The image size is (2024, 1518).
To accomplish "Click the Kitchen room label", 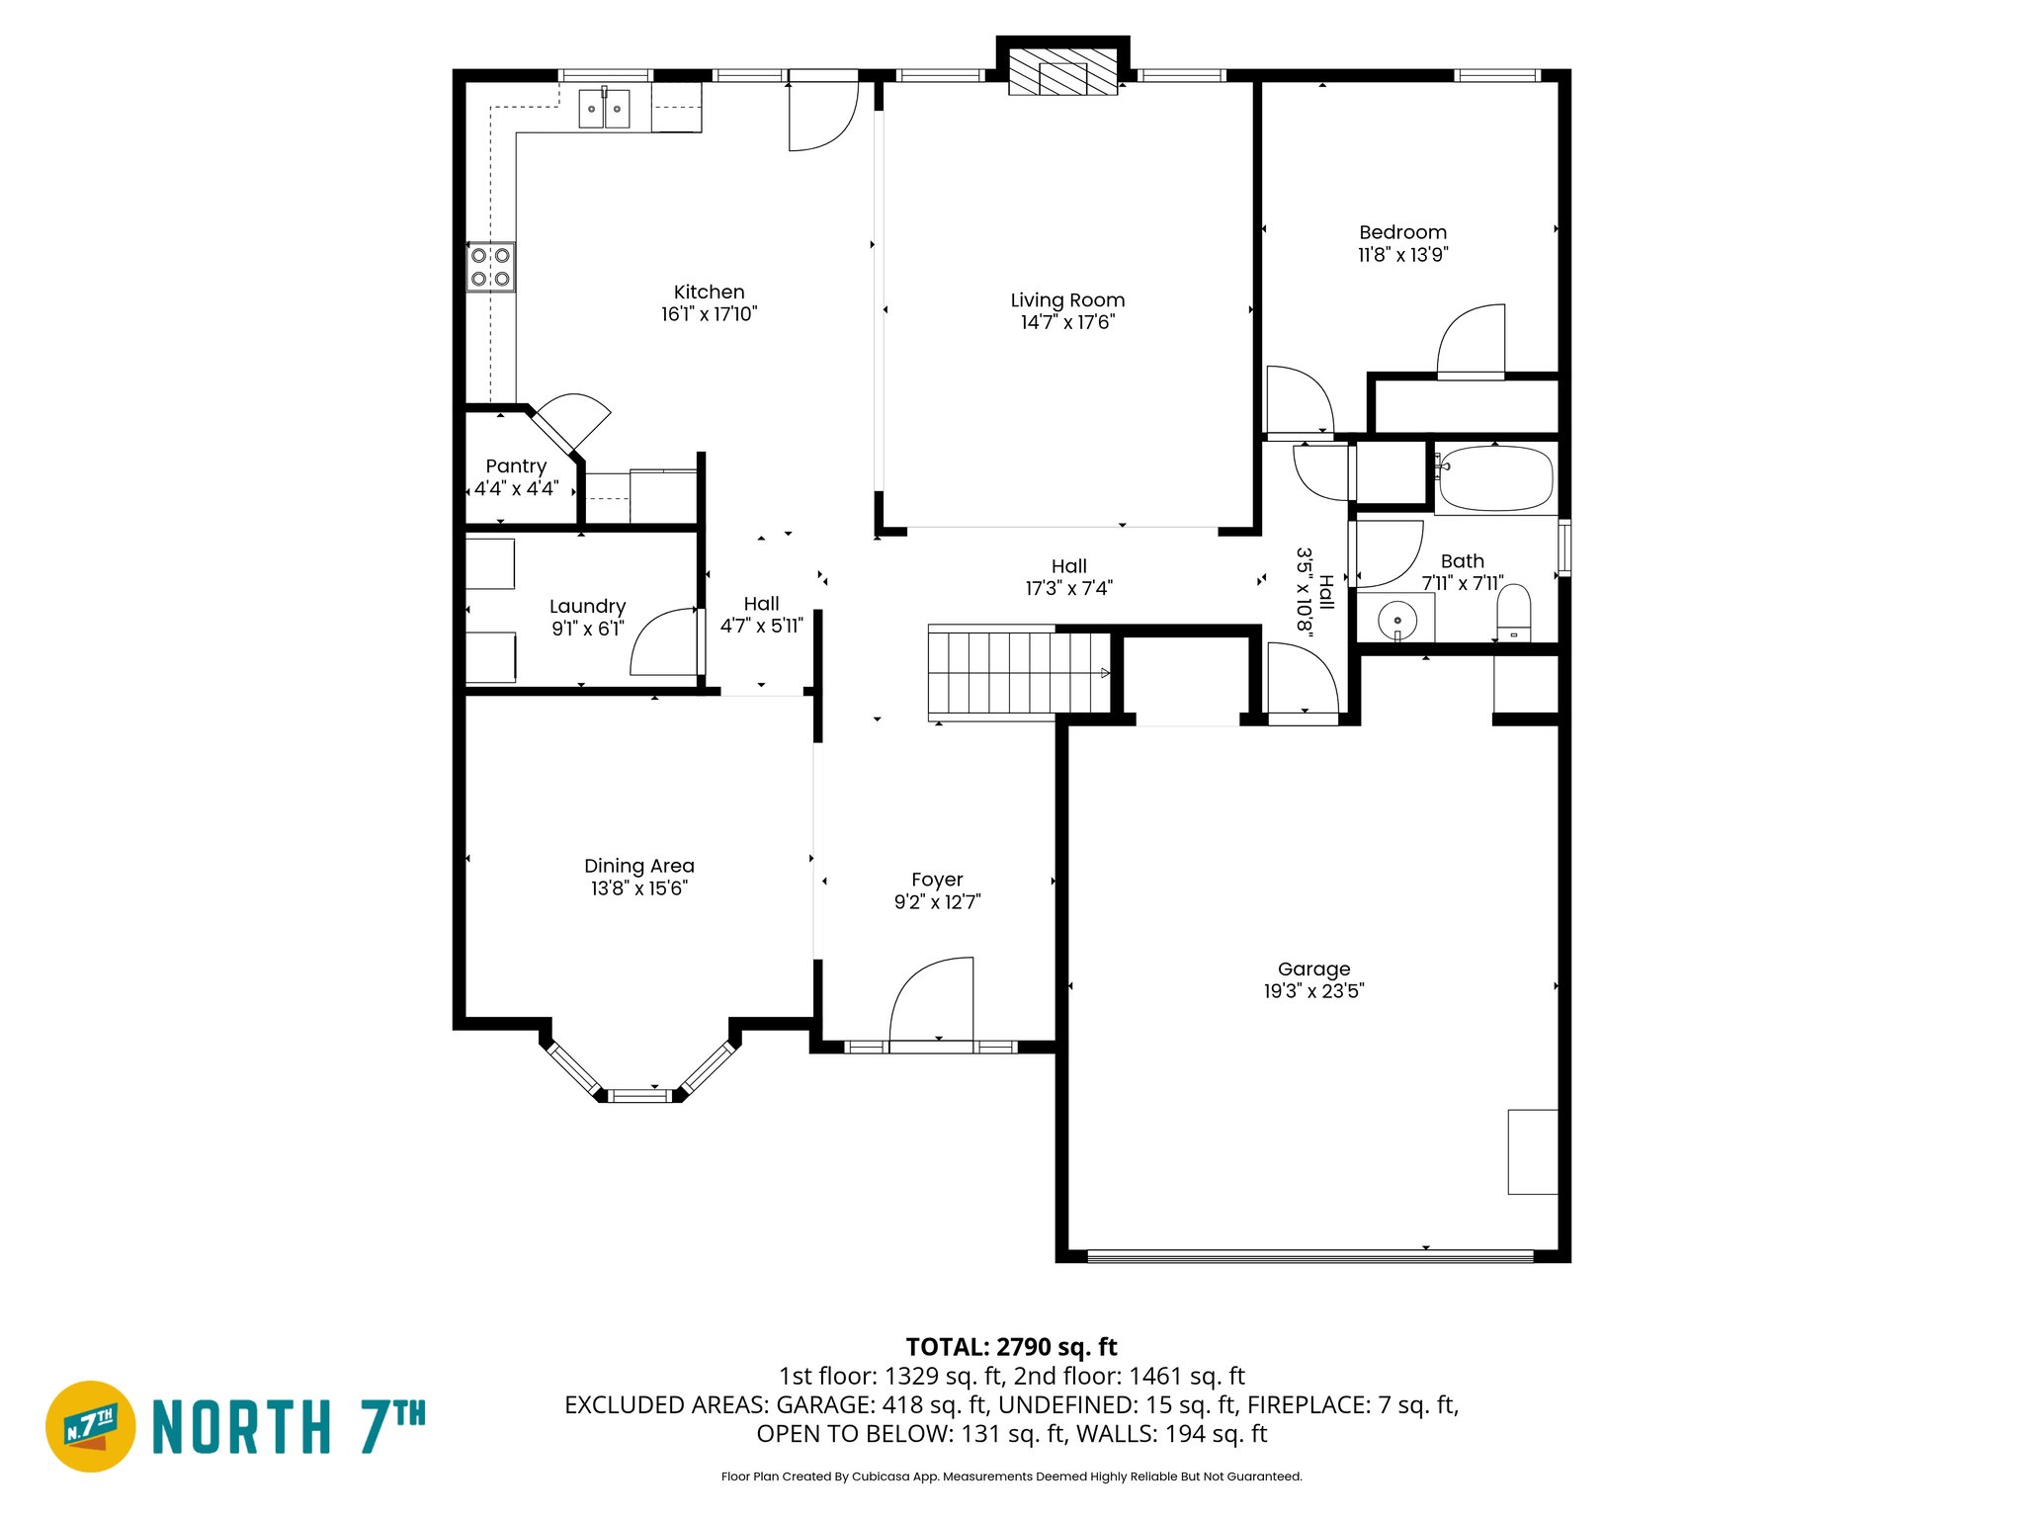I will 709,293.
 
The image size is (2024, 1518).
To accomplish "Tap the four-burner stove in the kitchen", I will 490,267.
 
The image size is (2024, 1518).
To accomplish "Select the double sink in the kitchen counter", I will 604,109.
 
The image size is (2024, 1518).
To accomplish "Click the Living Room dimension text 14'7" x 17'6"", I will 1067,322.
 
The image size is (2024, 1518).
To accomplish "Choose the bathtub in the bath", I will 1494,478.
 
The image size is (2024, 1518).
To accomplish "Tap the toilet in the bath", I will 1513,614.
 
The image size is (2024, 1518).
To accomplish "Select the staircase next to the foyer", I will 1018,673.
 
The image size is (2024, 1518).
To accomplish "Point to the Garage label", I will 1313,970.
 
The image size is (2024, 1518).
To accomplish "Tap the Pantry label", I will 516,466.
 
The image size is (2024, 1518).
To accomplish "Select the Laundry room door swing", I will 664,642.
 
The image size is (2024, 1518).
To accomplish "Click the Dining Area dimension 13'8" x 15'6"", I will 638,888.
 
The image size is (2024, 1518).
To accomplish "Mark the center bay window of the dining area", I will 638,1095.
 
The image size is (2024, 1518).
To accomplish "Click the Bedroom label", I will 1402,232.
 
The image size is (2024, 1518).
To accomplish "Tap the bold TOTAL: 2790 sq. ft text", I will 1011,1347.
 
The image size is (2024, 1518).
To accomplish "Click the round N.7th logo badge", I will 91,1426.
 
